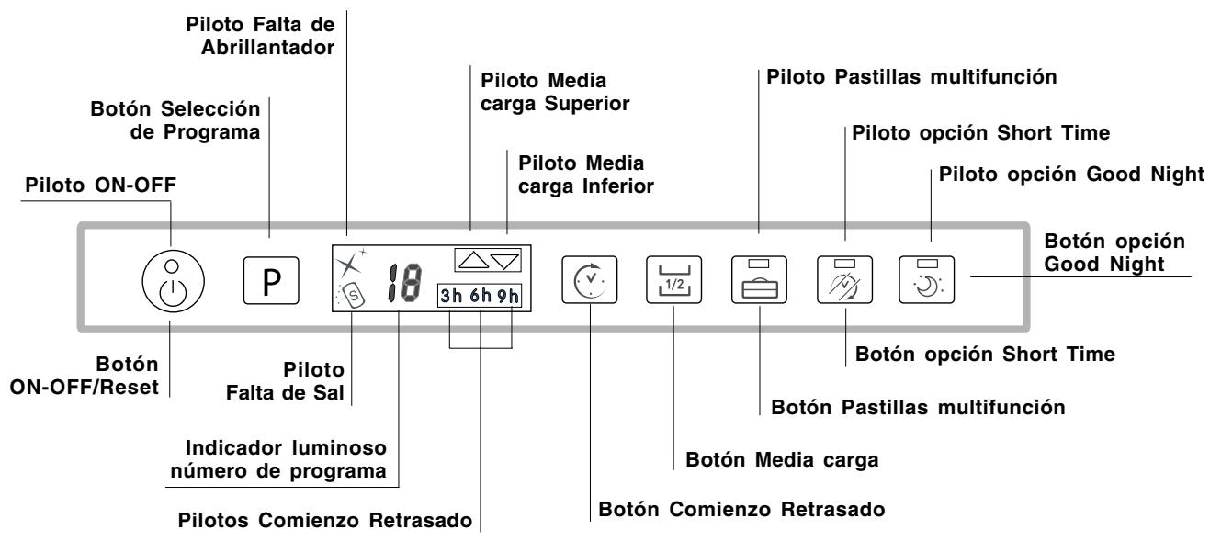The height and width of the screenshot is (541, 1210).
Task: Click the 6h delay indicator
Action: tap(480, 298)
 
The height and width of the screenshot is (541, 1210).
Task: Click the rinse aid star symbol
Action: tap(347, 264)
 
